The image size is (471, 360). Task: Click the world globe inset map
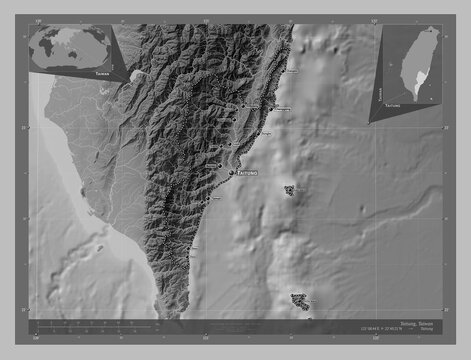(70, 46)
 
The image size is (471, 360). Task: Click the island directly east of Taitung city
(290, 190)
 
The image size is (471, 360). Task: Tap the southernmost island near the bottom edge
(300, 298)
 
